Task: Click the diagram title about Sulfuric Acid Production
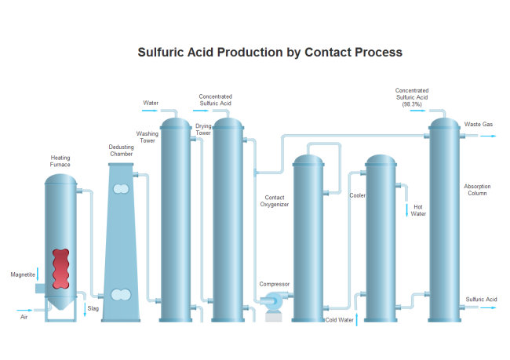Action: point(270,52)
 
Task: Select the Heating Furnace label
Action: point(60,162)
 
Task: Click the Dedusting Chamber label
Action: point(121,151)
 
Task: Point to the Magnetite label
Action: point(23,275)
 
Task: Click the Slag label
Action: point(93,308)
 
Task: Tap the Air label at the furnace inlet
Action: point(24,317)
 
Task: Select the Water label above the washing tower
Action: point(151,103)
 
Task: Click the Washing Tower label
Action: point(148,137)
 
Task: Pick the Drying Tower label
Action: point(203,129)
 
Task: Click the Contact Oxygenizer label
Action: point(275,201)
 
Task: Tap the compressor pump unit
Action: point(275,300)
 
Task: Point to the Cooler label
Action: point(357,195)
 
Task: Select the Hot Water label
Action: point(418,210)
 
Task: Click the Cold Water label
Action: point(340,319)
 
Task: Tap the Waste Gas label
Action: point(478,124)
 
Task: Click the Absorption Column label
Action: point(477,190)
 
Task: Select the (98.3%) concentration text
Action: point(412,104)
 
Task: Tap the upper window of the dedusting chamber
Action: point(121,189)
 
